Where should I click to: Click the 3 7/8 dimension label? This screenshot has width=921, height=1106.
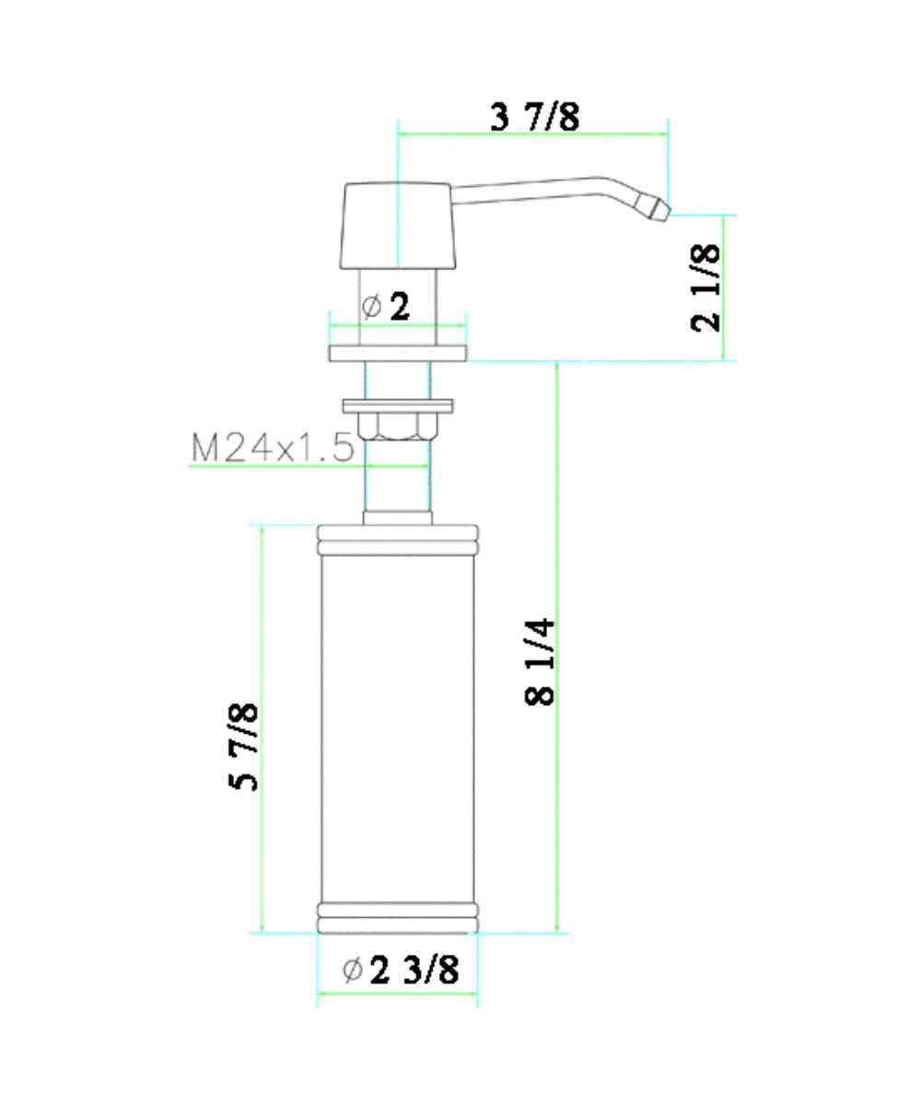click(535, 117)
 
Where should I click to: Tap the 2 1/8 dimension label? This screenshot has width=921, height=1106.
click(707, 287)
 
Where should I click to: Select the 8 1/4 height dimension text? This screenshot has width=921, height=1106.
click(541, 662)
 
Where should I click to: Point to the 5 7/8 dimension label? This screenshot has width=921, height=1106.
click(243, 747)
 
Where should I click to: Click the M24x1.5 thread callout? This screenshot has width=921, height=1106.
click(273, 448)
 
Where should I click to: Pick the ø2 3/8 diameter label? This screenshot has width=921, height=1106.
click(402, 970)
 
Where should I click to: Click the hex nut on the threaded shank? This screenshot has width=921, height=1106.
click(398, 425)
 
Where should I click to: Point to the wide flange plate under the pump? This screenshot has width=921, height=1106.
click(398, 353)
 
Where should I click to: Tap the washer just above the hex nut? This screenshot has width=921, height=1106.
click(398, 405)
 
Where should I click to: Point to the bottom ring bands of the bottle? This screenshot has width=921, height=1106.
click(398, 918)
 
